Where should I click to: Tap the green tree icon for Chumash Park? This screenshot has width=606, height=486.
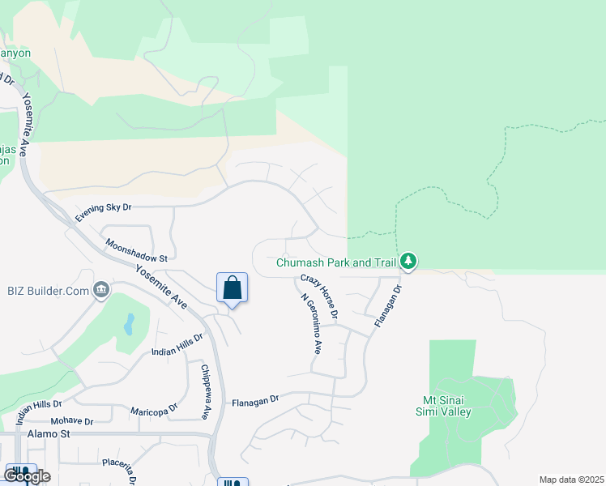[x=410, y=261]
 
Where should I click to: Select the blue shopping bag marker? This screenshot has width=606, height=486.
[x=232, y=288]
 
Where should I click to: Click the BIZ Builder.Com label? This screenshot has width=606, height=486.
[x=48, y=289]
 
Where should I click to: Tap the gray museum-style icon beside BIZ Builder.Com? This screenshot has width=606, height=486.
[x=102, y=289]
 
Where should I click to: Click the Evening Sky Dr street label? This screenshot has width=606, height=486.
[x=104, y=212]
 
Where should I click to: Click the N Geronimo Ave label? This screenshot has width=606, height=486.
[x=311, y=324]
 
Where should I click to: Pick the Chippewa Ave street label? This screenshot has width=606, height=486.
[x=205, y=390]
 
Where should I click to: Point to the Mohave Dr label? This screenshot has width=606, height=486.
[x=72, y=421]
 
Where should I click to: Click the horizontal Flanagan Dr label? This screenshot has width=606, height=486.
[x=254, y=399]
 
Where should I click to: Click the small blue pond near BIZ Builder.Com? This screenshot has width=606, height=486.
[x=130, y=325]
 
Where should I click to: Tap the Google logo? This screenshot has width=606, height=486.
[x=27, y=476]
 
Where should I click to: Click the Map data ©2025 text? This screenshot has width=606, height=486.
[x=571, y=480]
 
